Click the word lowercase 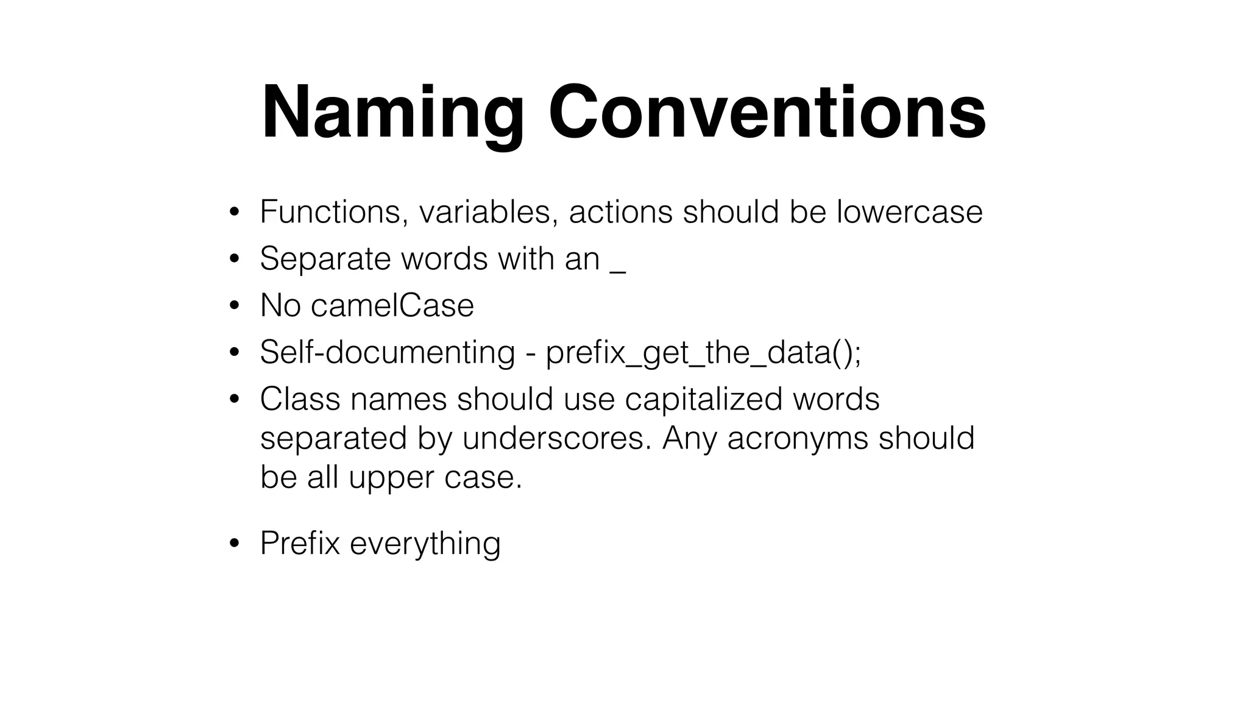909,212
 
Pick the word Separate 325,258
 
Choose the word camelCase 392,305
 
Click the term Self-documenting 388,352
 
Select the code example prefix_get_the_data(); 703,352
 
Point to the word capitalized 703,399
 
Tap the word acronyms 798,438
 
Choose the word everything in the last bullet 425,543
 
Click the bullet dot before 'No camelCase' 234,306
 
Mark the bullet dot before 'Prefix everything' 234,544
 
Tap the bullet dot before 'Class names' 234,400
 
